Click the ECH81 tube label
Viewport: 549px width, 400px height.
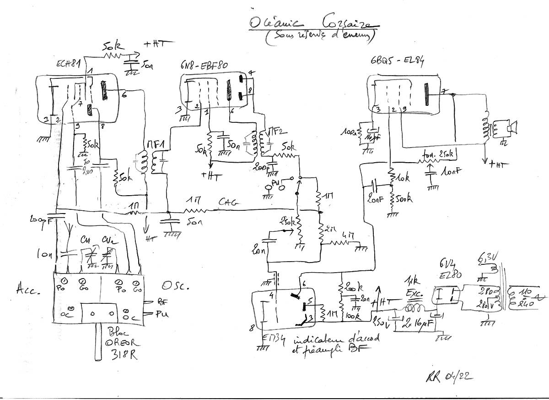57,65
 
